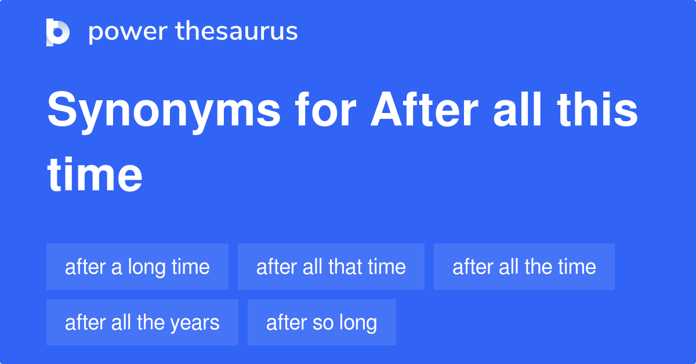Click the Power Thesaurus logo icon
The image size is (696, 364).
[x=57, y=32]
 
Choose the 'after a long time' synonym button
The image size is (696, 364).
[x=137, y=267]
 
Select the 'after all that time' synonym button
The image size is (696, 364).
[x=331, y=267]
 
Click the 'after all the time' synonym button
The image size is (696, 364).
[x=524, y=267]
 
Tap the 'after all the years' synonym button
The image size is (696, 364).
[x=142, y=322]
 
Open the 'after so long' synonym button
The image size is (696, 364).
[x=321, y=322]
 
